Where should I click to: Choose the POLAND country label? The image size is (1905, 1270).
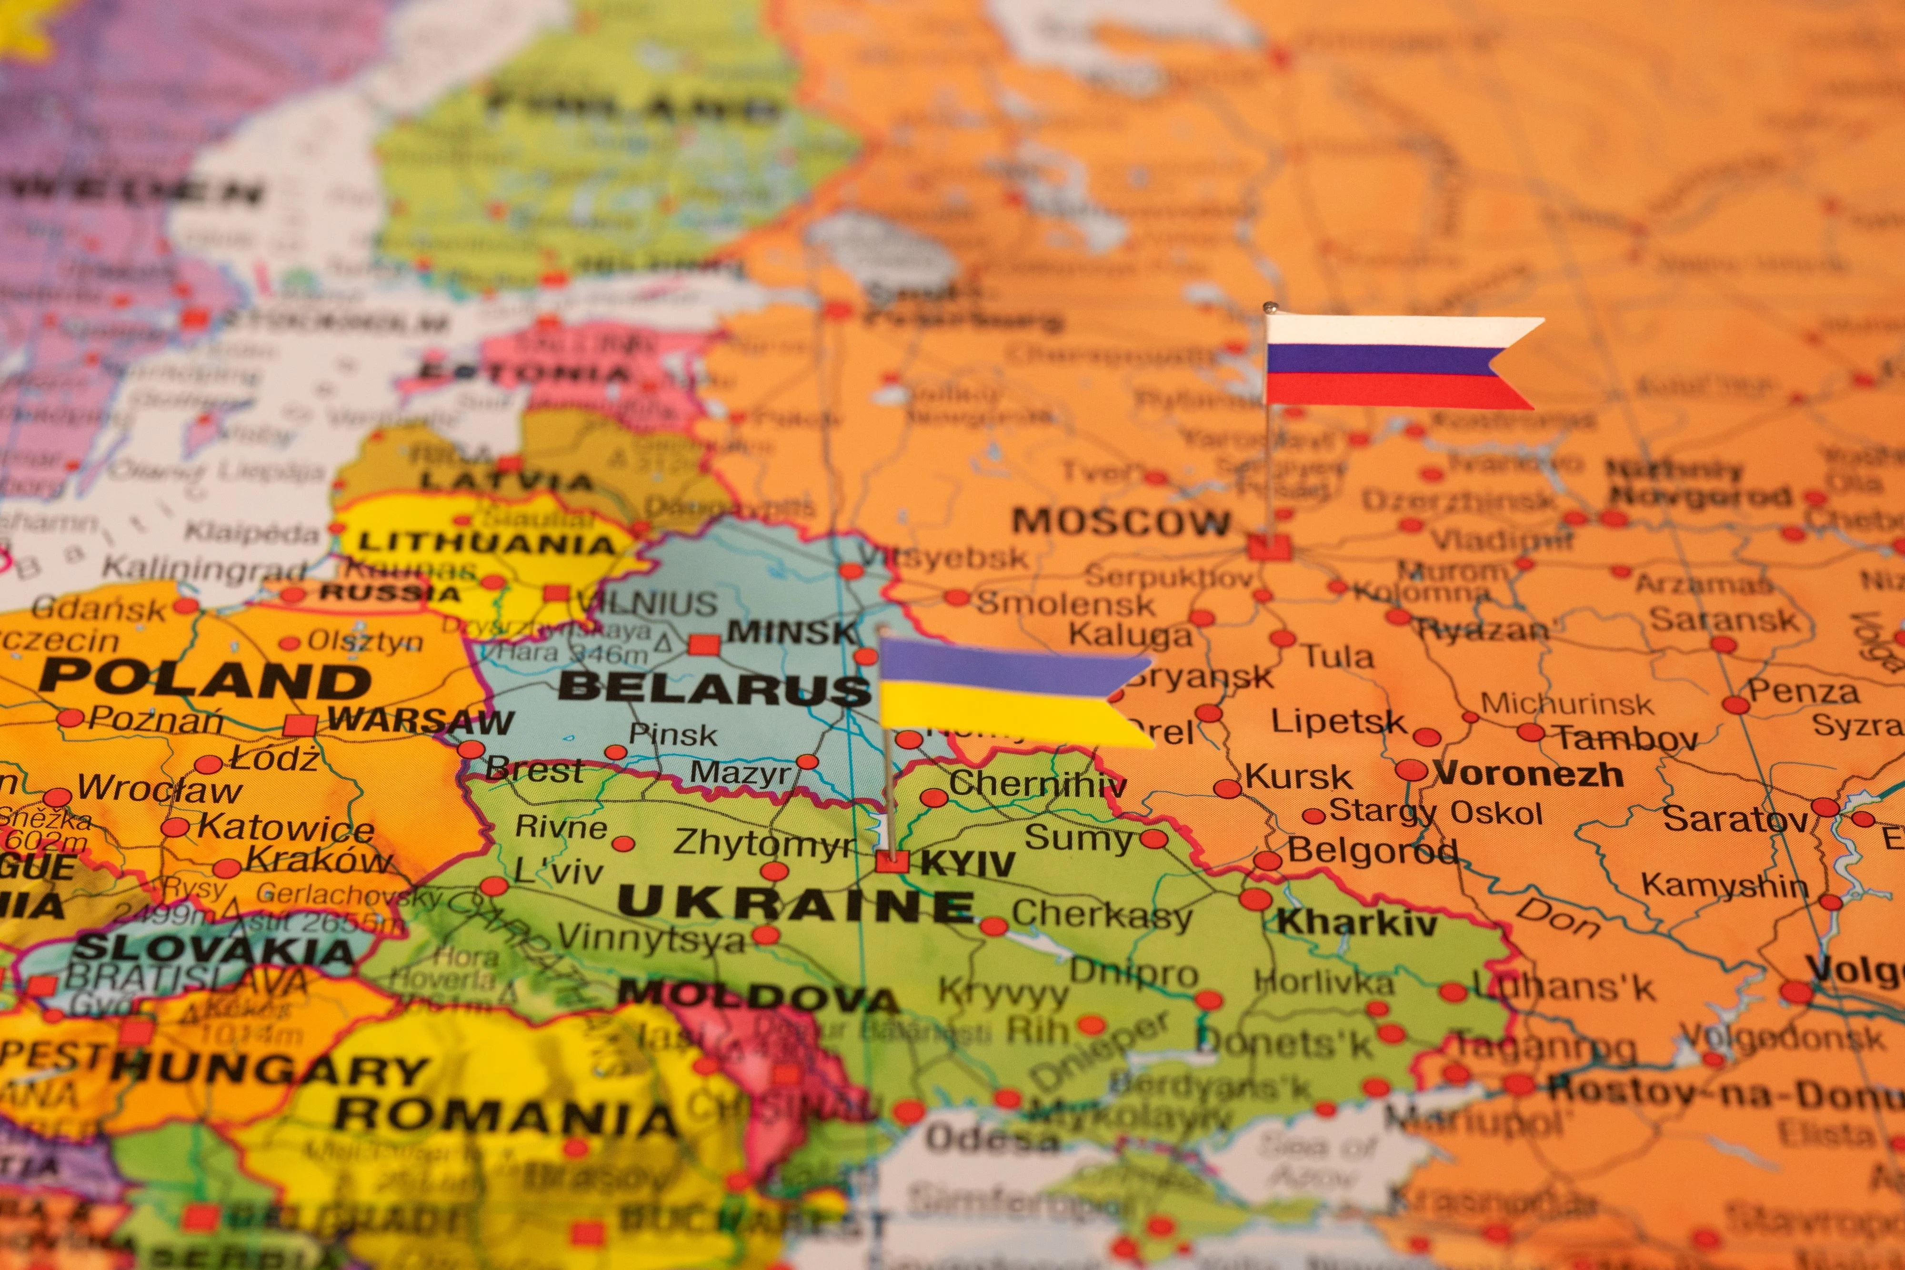coord(204,679)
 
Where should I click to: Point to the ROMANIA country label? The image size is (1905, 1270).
coord(505,1117)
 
